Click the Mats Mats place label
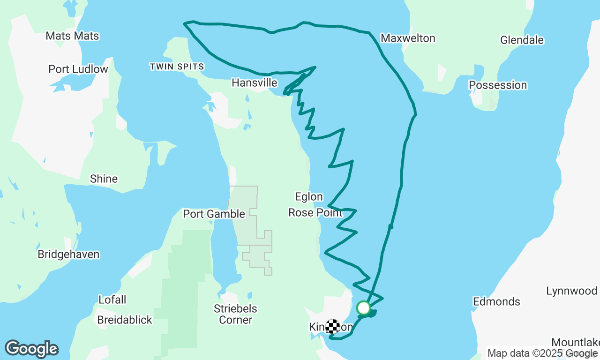click(73, 36)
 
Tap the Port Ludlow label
click(78, 69)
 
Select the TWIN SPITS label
click(177, 67)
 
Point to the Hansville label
click(255, 83)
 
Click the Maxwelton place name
click(408, 38)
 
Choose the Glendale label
click(522, 40)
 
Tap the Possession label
click(498, 85)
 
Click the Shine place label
click(104, 179)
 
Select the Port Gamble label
click(214, 214)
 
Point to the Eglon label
click(309, 197)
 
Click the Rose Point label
click(315, 213)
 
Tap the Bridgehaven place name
click(68, 255)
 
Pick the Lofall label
click(112, 300)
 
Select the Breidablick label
click(125, 320)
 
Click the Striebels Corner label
click(236, 315)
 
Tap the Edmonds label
click(496, 301)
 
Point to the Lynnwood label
click(571, 291)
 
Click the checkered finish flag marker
click(333, 326)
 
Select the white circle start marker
click(364, 308)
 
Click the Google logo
click(32, 349)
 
